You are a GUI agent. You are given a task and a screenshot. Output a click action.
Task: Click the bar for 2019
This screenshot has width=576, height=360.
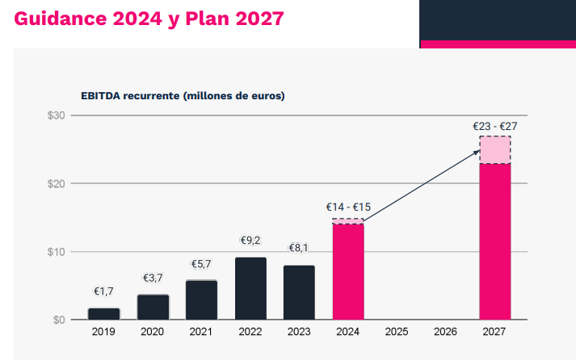[x=103, y=314]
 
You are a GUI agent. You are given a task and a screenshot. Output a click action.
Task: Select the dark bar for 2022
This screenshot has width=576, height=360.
[x=250, y=288]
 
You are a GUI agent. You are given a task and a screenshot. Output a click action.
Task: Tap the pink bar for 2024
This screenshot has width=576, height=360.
[x=348, y=271]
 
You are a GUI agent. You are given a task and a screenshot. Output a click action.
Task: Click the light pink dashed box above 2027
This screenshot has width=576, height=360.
[x=494, y=150]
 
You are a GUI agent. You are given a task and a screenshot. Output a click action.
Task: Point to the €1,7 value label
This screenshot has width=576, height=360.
[x=104, y=291]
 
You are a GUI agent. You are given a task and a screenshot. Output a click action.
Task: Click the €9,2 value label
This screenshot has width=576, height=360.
[x=250, y=241]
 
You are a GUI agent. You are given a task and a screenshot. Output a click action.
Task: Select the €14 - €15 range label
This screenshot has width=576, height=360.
[x=348, y=207]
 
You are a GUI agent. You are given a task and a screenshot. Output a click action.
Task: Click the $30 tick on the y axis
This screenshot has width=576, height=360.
[x=56, y=115]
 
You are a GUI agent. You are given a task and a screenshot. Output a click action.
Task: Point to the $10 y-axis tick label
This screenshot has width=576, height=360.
[x=56, y=252]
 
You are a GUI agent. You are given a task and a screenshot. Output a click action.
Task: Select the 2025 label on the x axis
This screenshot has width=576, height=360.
[x=397, y=331]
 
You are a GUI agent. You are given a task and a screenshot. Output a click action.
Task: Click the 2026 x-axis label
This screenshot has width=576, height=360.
[x=445, y=331]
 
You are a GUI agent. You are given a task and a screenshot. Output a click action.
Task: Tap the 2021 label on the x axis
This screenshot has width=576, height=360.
[x=201, y=331]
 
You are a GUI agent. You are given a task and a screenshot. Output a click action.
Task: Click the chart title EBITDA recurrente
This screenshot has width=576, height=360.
[x=183, y=95]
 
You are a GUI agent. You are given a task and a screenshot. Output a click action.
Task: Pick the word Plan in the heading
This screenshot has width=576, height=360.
[x=213, y=18]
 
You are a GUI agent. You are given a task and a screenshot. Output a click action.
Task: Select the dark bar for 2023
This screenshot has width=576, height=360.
[x=299, y=292]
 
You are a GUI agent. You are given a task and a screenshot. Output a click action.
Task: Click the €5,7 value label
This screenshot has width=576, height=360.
[x=201, y=264]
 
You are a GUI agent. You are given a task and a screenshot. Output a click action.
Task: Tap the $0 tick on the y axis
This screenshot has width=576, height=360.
[x=58, y=320]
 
